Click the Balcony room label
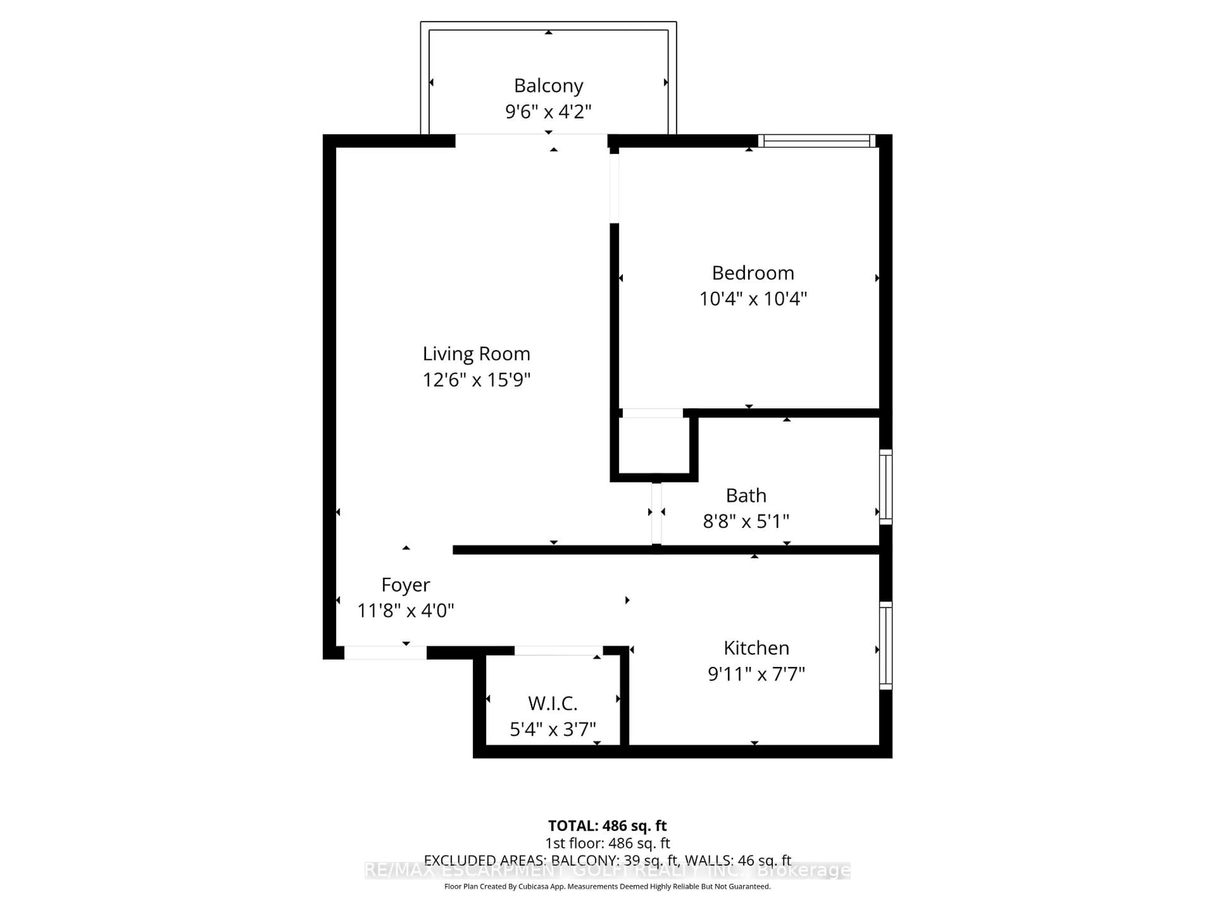pos(548,86)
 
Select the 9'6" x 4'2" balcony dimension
pos(548,111)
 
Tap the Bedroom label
pos(752,273)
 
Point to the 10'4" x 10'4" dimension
pos(752,299)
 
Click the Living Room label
pos(476,354)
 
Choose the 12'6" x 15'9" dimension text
pos(476,380)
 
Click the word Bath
pos(745,495)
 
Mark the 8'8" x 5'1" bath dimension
pos(745,521)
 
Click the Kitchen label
pos(756,648)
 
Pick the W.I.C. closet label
pos(552,703)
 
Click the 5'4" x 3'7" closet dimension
pos(552,729)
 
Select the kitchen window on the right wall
pos(885,645)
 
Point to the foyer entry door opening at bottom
pos(385,652)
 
